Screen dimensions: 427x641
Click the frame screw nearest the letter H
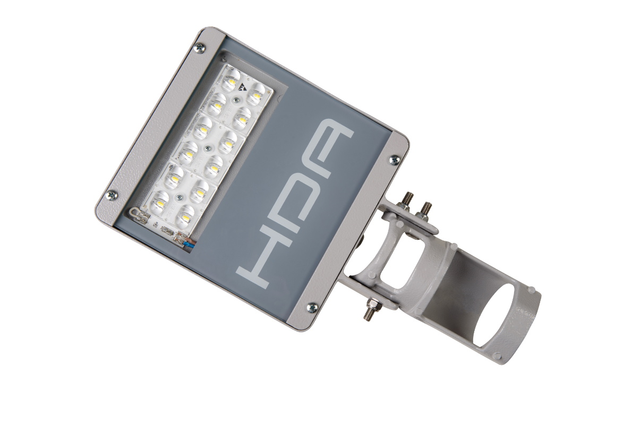312,306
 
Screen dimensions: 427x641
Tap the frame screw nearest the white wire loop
112,195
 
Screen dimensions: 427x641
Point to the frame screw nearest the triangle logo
199,48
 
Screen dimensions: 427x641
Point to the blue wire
189,244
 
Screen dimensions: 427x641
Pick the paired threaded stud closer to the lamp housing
408,201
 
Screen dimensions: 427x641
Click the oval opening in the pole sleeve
494,315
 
